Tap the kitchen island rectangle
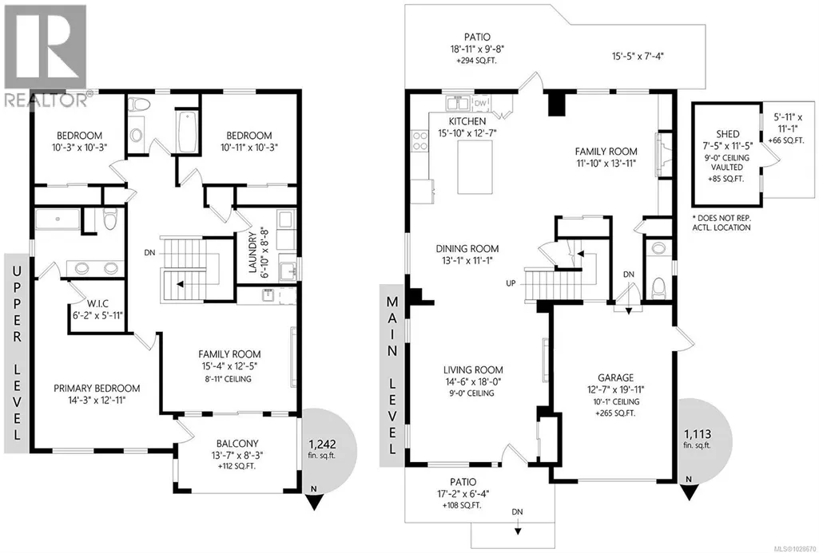(475, 167)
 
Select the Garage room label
(616, 377)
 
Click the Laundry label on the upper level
(253, 252)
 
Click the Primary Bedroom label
(97, 388)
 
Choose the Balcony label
(237, 444)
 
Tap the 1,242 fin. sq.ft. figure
(322, 448)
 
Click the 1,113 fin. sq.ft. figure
(698, 437)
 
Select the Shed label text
(728, 134)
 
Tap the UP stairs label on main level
(511, 283)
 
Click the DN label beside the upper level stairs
(150, 252)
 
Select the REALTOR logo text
(46, 99)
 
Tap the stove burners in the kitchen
(420, 141)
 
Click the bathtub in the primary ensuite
(58, 219)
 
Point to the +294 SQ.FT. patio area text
(477, 61)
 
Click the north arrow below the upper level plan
(313, 500)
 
